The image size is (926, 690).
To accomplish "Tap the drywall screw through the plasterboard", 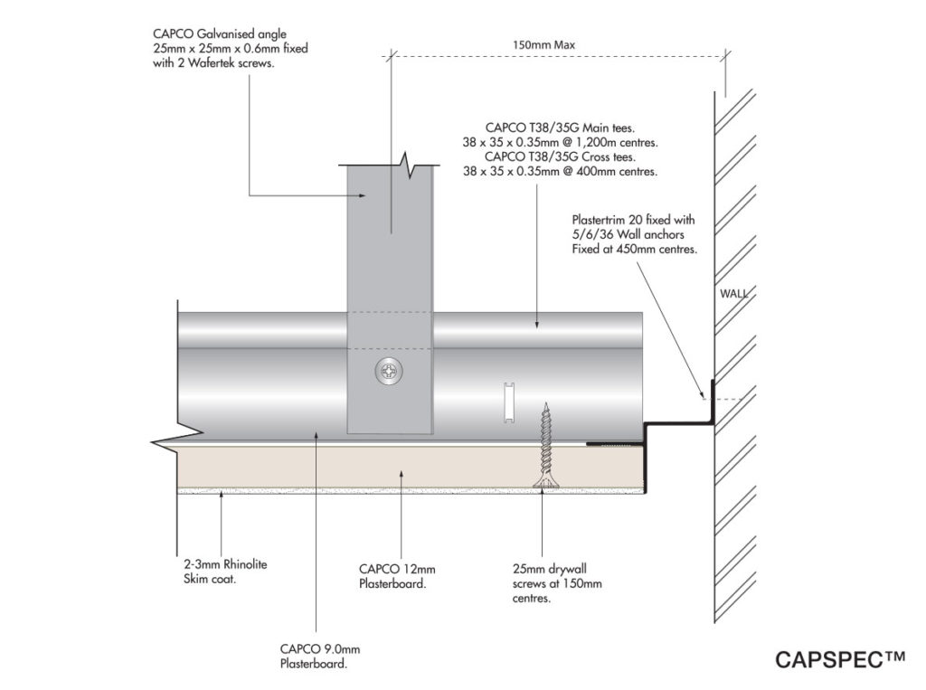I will [545, 447].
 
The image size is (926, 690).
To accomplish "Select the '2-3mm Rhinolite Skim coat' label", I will [214, 572].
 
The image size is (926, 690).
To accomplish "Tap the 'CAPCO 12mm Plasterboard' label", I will [397, 576].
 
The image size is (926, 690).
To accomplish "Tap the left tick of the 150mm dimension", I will [391, 56].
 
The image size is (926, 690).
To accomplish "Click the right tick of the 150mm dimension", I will [723, 56].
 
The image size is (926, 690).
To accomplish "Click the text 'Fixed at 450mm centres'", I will [633, 250].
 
